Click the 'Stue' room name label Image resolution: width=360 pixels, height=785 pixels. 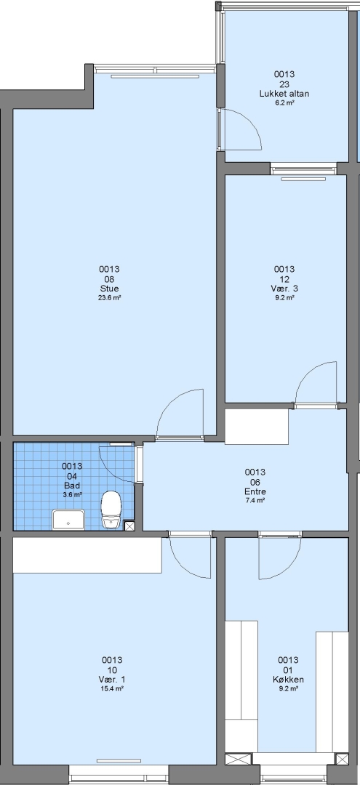click(x=109, y=289)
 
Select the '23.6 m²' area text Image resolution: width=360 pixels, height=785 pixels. click(x=109, y=297)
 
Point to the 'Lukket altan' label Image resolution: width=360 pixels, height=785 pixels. click(x=284, y=94)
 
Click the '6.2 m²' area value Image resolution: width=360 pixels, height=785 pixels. click(x=284, y=102)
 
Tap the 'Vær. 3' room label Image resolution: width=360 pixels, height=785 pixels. click(x=284, y=289)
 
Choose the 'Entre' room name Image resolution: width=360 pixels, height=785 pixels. click(x=255, y=491)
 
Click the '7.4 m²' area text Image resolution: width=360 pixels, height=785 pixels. click(x=255, y=499)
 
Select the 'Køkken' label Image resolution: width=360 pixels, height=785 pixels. click(x=288, y=680)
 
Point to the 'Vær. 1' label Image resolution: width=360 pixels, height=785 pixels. click(x=112, y=680)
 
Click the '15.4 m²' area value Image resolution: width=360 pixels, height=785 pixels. click(x=112, y=688)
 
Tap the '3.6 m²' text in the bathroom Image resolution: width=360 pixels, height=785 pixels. click(x=73, y=494)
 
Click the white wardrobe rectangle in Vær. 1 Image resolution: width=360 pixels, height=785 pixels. click(x=87, y=555)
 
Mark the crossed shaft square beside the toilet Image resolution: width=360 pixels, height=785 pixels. click(x=129, y=526)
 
